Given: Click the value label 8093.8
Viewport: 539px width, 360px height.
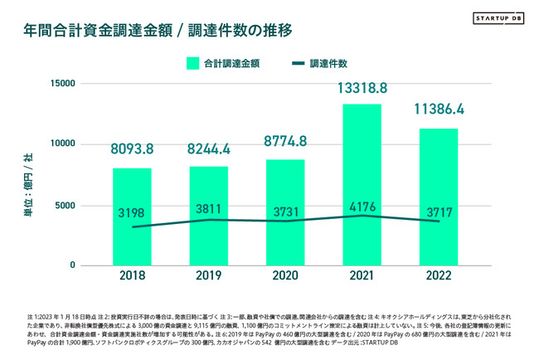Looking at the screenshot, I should point(133,150).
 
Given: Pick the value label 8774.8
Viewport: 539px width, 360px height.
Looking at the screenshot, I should point(285,141).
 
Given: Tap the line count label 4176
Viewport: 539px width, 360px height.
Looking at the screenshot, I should point(362,205).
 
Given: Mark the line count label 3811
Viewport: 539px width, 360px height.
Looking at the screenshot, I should point(209,209).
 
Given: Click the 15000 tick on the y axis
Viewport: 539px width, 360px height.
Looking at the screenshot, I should point(62,84).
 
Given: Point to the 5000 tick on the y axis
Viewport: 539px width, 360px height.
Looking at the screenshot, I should point(66,205).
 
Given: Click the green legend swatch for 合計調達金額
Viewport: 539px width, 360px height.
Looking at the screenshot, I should point(192,63).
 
